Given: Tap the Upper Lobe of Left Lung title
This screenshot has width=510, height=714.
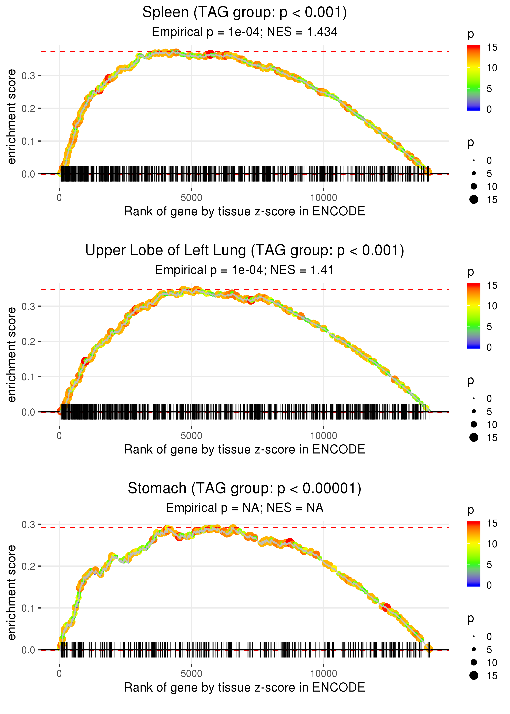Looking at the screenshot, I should tap(244, 251).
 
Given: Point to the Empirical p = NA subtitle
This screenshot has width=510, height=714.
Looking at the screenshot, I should tap(244, 508).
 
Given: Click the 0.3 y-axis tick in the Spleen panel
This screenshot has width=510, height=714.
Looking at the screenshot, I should tap(29, 76).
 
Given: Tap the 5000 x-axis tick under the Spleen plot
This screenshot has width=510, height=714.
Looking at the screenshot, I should tap(191, 198).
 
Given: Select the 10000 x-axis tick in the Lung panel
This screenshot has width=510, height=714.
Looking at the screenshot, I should tap(324, 436).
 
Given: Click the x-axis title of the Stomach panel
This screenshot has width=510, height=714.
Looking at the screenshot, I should tap(244, 687).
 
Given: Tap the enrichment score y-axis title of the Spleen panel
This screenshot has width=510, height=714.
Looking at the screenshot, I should tap(12, 117).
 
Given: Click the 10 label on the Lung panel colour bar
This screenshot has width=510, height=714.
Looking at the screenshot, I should tap(492, 306).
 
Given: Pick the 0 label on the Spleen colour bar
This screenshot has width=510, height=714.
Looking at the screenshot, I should tap(489, 109).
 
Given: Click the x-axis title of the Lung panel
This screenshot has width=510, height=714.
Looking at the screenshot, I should tap(244, 449).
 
